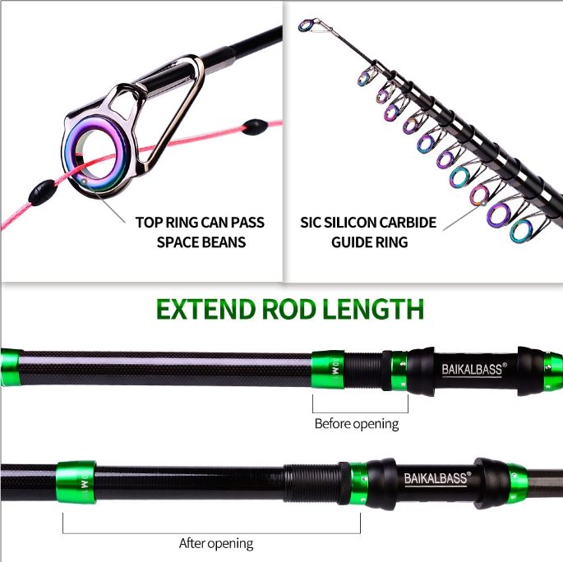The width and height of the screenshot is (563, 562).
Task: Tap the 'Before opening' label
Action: pos(356,424)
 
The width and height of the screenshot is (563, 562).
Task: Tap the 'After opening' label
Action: pos(216,543)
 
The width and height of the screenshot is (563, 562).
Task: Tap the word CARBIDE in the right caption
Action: pos(406,223)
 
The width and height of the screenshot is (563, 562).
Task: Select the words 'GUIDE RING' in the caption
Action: pos(370,242)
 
